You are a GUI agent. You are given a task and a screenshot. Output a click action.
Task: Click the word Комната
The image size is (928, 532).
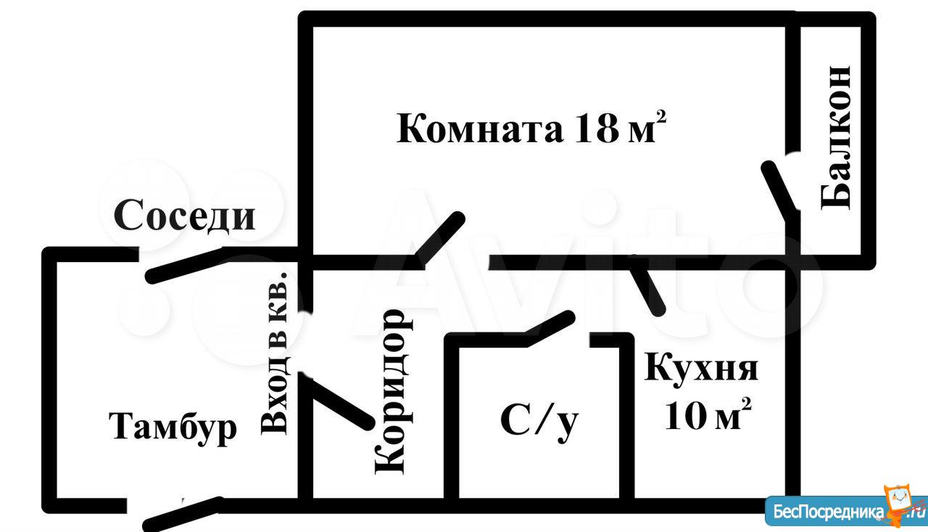(x=479, y=129)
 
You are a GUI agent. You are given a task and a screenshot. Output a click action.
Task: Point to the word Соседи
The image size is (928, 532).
(x=185, y=216)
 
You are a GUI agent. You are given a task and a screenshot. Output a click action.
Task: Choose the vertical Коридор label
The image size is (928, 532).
(x=389, y=392)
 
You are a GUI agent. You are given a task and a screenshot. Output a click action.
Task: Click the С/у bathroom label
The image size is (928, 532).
(x=539, y=420)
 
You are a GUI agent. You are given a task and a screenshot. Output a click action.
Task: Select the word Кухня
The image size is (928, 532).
(x=701, y=368)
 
